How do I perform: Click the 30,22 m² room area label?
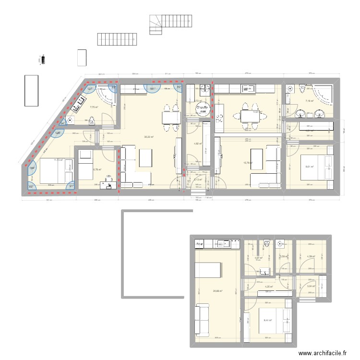pos(149,137)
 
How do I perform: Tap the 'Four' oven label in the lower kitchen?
pos(199,244)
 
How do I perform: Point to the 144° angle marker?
pos(32,168)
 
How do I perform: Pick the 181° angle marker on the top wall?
pos(152,89)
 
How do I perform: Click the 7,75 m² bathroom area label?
pos(94,108)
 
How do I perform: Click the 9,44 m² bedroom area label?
pos(267,321)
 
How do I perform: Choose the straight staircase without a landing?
pos(114,39)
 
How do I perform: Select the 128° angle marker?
pos(58,133)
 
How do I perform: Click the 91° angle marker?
pos(71,187)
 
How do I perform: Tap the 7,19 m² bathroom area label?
pos(309,101)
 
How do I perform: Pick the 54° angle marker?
pos(62,122)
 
